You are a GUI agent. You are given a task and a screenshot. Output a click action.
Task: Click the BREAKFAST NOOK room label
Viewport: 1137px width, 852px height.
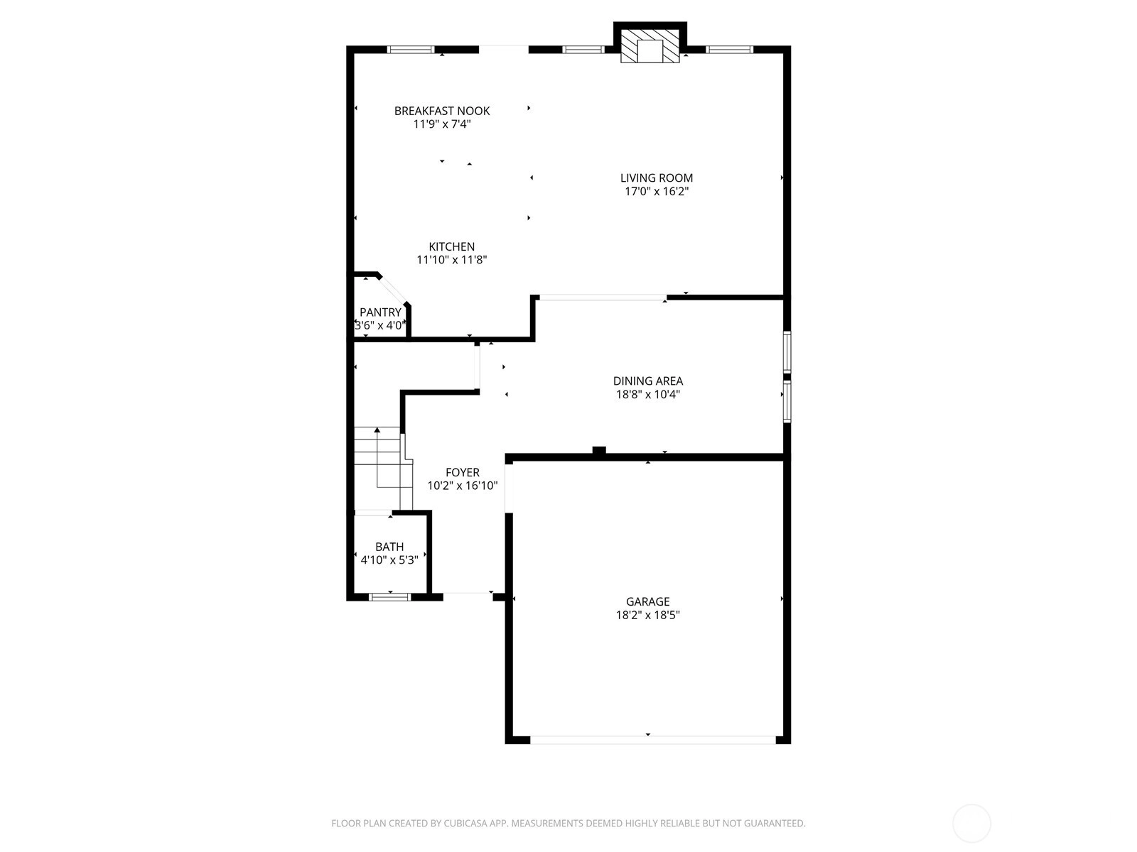tap(441, 111)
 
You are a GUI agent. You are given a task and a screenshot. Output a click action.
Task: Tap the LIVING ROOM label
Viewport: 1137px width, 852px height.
tap(657, 178)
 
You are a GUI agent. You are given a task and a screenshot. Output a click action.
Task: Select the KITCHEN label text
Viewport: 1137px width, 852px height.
tap(451, 247)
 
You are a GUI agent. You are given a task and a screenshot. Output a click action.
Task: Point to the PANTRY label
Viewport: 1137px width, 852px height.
tap(380, 312)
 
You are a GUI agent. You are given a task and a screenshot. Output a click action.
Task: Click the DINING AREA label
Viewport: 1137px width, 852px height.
tap(647, 381)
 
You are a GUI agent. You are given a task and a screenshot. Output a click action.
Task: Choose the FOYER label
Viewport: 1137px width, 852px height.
tap(462, 472)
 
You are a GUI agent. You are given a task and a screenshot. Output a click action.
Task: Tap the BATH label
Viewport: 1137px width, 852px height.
tap(389, 547)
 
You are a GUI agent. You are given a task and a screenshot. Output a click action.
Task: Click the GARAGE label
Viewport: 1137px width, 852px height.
tap(647, 601)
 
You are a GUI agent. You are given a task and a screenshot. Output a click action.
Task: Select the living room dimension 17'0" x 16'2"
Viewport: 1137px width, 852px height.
tap(657, 192)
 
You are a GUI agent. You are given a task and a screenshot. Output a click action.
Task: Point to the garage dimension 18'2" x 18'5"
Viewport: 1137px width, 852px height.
tap(647, 615)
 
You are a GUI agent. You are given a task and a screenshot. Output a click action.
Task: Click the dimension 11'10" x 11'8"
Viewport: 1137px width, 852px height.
tap(452, 260)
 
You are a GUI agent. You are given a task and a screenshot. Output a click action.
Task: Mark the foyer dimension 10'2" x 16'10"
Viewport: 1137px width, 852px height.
tap(462, 486)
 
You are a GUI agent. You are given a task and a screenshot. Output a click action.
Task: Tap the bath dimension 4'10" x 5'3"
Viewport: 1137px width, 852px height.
tap(389, 559)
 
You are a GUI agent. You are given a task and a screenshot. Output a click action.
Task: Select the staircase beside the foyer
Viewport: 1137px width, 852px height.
tap(383, 468)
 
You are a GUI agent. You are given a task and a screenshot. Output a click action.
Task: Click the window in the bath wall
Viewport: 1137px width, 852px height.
tap(389, 597)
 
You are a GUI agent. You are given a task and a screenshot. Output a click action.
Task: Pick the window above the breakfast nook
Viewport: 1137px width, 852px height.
tap(411, 50)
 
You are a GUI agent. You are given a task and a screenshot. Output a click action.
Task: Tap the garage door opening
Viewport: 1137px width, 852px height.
tap(652, 741)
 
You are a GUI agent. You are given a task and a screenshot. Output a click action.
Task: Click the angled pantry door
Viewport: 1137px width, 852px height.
tap(393, 290)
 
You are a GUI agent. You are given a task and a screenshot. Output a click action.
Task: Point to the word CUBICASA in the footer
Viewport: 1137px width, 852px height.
tap(465, 823)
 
